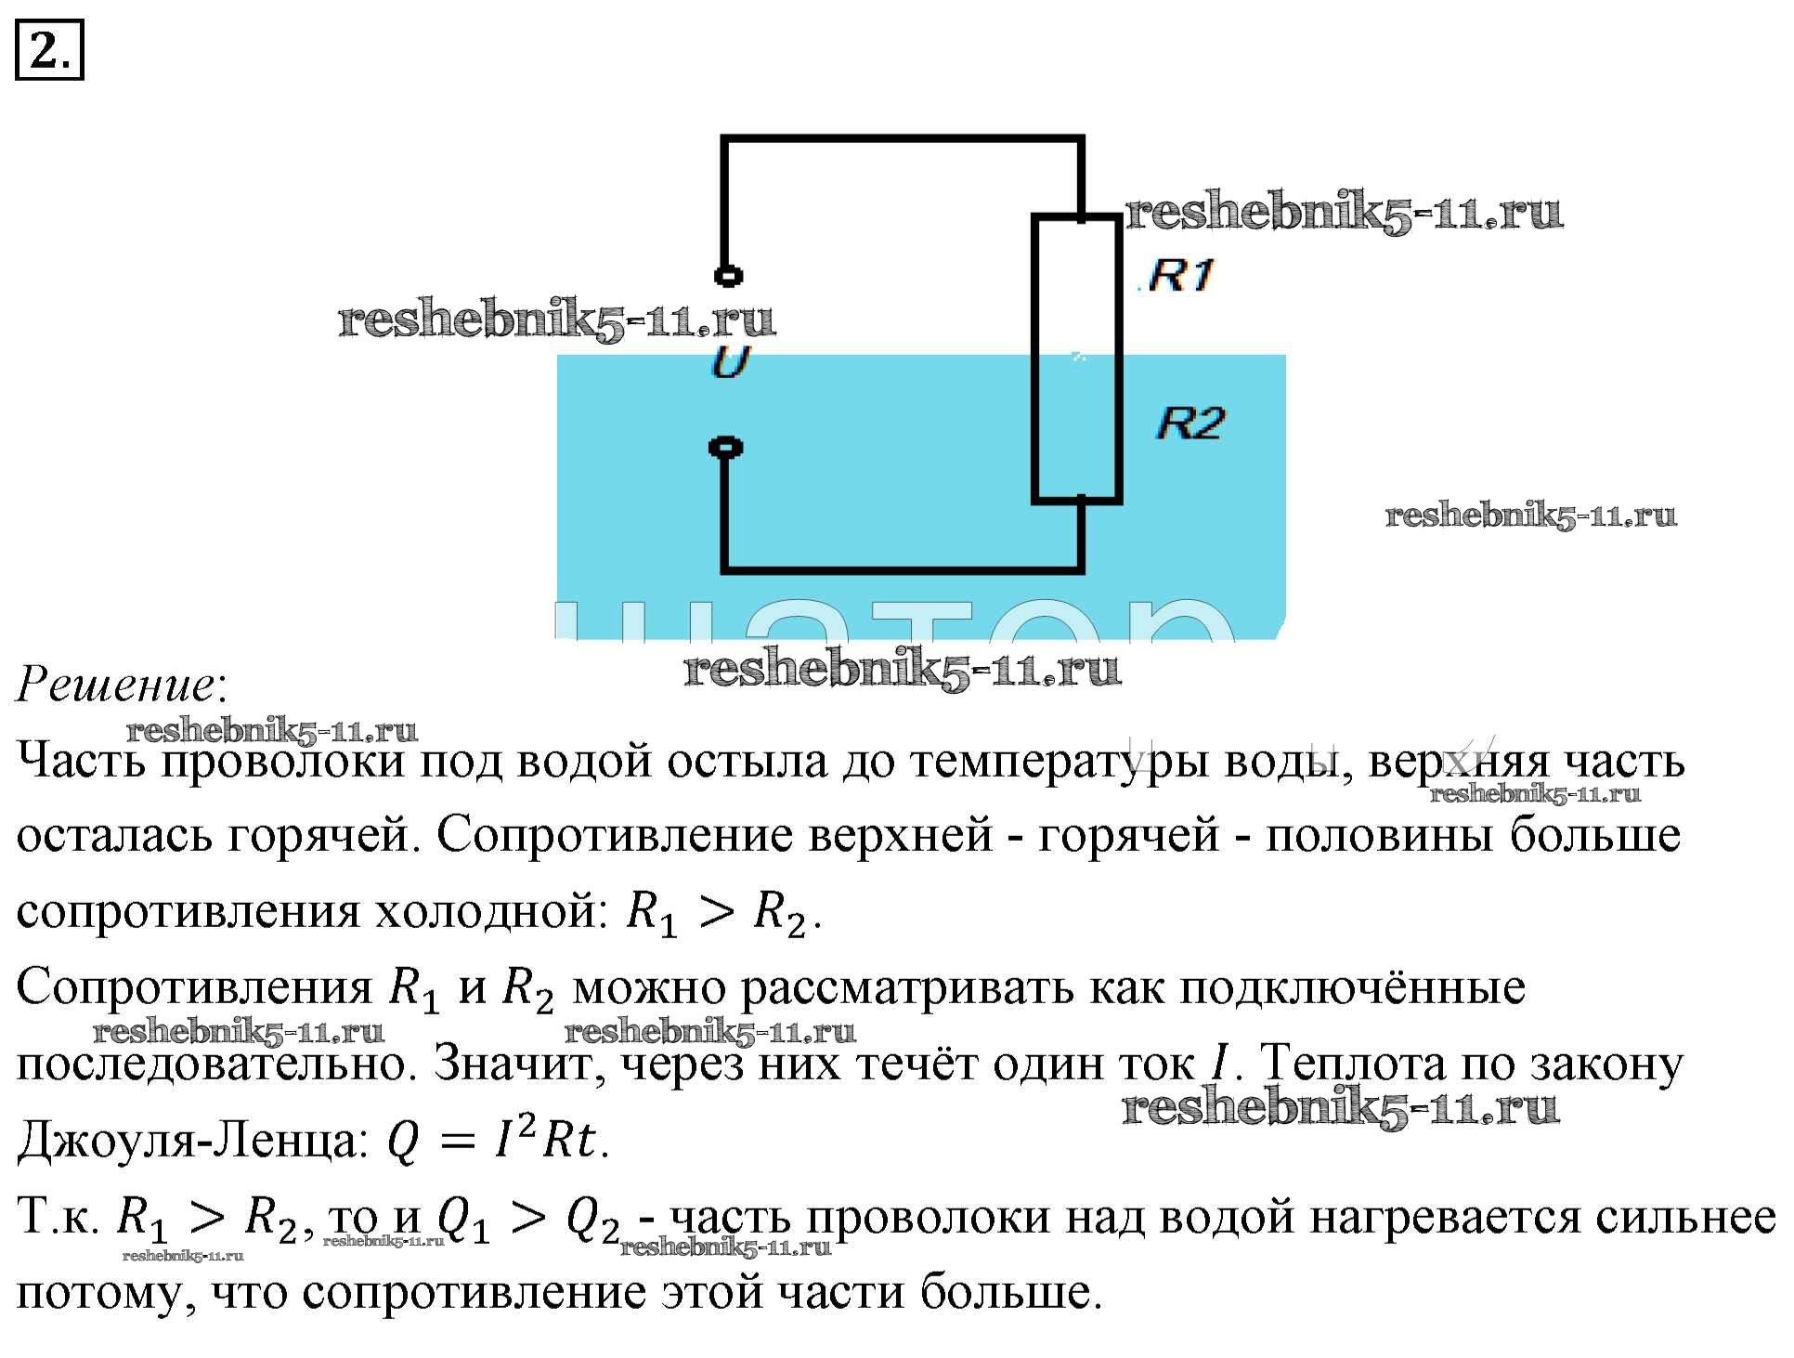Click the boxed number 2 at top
[48, 49]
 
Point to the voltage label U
[730, 362]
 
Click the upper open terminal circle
[727, 276]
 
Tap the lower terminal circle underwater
[725, 448]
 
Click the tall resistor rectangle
[1077, 359]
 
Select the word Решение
[116, 686]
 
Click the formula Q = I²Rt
[498, 1142]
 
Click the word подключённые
[1353, 988]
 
